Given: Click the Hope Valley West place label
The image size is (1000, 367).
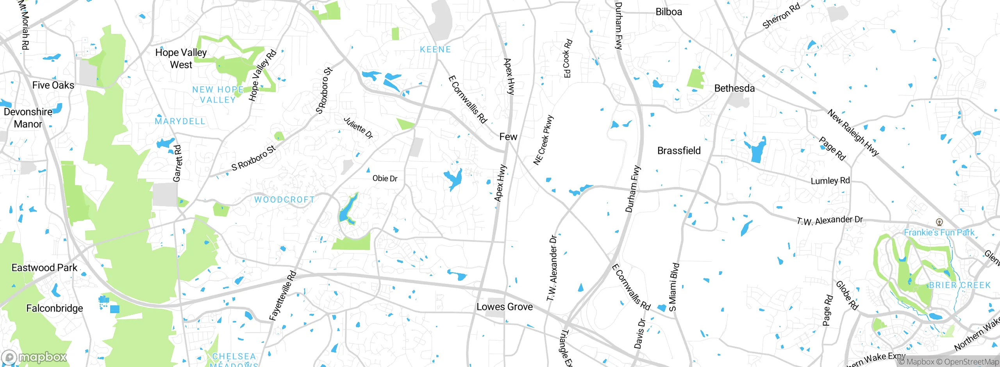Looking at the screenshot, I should coord(181,59).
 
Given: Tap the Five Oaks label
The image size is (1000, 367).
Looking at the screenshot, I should coord(53,85).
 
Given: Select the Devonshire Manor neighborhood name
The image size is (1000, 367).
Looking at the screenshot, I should coord(28,118).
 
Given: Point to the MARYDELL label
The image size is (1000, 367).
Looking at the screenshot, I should coord(180,121).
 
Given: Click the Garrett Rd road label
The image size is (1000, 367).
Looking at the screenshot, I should coord(177,163).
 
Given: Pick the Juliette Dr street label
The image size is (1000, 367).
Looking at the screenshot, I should coord(358,128).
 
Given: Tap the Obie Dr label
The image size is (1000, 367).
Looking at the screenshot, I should coord(385,178).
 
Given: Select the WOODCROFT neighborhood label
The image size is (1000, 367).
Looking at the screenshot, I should coord(284,200).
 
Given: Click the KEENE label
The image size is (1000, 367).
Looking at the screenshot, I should coord(435,50).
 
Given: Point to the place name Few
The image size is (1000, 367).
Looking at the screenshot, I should coord(508,137).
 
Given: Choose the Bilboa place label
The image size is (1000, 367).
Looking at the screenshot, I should coord(669,12).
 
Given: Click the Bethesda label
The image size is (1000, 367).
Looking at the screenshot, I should coord(734,88).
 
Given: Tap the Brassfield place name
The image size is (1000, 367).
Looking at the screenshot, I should coord(679,151).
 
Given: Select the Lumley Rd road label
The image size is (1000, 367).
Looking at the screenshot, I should coord(830,181).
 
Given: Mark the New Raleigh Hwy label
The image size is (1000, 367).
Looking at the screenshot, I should coord(853,133).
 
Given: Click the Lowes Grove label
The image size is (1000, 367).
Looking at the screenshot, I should coord(505,307).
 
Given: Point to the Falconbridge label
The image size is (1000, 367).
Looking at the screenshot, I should coord(55,308).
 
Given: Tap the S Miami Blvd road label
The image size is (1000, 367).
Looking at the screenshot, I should coord(674,287).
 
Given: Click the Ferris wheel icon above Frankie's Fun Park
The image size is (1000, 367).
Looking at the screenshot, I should coord(939,222).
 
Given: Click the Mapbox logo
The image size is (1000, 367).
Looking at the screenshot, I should coord(34,357).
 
